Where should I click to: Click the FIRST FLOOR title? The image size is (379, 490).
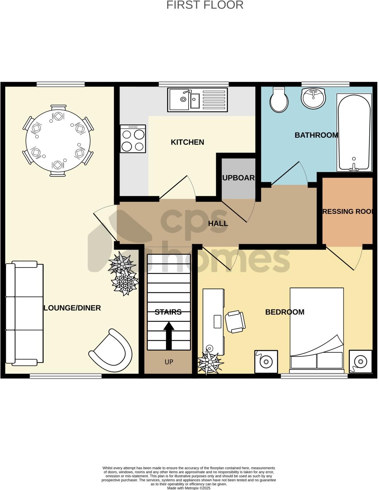[205, 5]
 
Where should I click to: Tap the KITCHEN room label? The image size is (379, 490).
[187, 142]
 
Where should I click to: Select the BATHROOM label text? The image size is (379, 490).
[316, 135]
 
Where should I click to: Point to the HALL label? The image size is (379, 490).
[218, 224]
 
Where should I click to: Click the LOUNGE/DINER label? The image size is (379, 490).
[72, 308]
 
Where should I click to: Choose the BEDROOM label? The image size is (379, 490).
[285, 312]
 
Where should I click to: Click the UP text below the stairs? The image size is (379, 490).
[169, 362]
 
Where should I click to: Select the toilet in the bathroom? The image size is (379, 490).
[279, 100]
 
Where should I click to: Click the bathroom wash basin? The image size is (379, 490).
[313, 98]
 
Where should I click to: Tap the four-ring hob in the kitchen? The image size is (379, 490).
[133, 139]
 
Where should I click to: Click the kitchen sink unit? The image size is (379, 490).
[198, 100]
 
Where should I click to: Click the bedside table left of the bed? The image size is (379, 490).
[266, 362]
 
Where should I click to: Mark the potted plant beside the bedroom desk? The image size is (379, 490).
[210, 361]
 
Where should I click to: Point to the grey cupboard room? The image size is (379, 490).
[238, 178]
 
